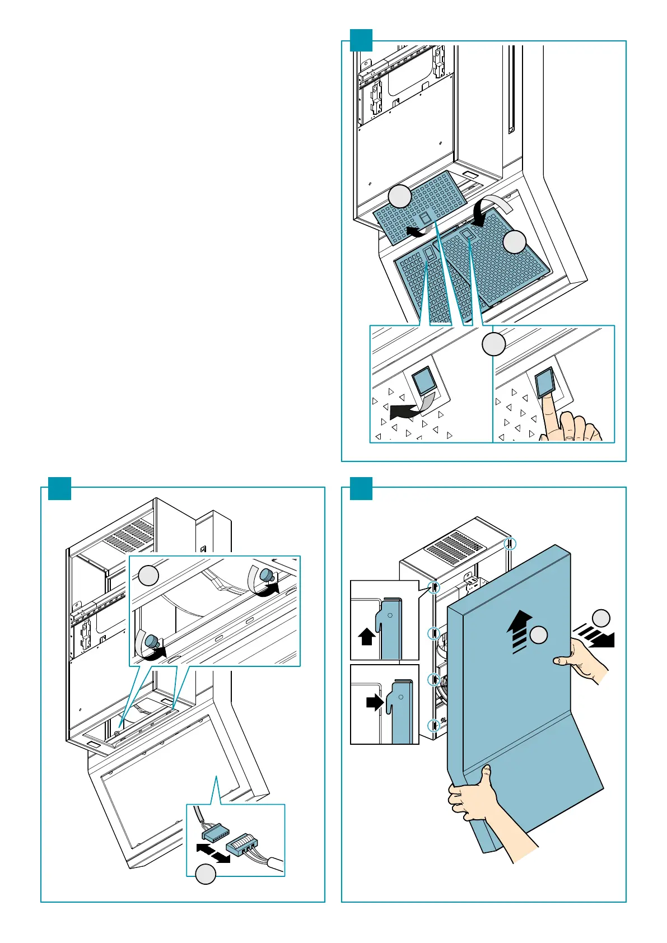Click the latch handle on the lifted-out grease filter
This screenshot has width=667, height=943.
424,217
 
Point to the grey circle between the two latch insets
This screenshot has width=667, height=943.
494,344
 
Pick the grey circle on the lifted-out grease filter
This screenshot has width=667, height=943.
400,197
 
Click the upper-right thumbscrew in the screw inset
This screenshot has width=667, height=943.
267,576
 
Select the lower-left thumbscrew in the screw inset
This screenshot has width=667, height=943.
152,643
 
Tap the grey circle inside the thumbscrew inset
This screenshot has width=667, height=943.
148,575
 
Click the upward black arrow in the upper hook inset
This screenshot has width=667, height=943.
366,636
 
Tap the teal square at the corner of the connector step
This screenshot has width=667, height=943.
59,488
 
